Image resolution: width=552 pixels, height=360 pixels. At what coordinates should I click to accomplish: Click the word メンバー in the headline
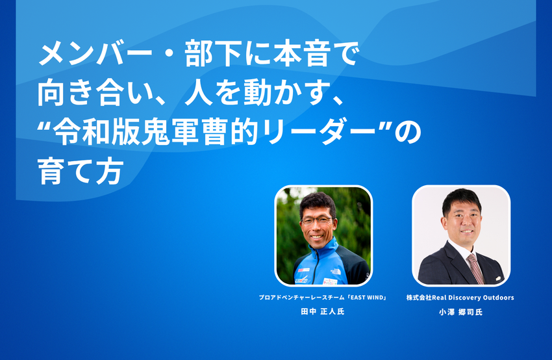click(x=95, y=53)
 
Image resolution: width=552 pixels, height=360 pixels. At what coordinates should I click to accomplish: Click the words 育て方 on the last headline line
click(x=81, y=172)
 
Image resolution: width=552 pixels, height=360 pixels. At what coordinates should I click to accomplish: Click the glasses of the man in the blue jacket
click(x=316, y=221)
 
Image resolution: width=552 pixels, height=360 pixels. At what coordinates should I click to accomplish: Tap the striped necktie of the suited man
click(x=475, y=268)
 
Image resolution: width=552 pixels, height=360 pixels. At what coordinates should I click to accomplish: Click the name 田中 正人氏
click(x=323, y=311)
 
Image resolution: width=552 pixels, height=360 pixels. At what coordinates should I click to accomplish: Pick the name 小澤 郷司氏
click(x=460, y=312)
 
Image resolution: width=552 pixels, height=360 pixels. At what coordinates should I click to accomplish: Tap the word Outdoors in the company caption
click(x=498, y=298)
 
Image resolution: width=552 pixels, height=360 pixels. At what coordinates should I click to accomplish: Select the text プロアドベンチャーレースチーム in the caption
click(x=302, y=298)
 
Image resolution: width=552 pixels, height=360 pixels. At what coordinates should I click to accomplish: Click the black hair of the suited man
click(x=461, y=198)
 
